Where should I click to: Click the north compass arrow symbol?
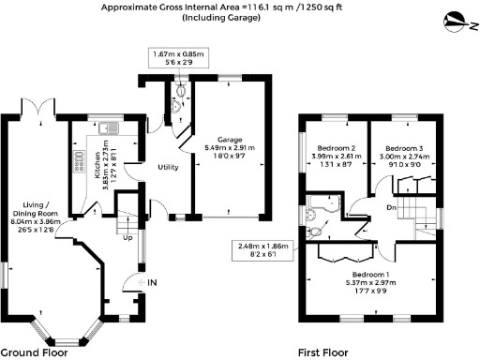[x=456, y=19]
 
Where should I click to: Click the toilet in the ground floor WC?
[x=181, y=92]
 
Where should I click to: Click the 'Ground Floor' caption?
[x=32, y=352]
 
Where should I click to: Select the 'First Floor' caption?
[x=321, y=352]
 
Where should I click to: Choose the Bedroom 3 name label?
[x=402, y=148]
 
